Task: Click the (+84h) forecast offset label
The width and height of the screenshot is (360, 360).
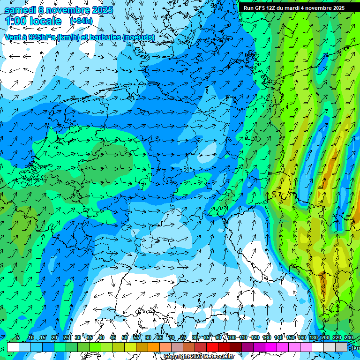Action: pos(81,21)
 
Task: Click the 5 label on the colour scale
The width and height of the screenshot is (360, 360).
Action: pos(18,337)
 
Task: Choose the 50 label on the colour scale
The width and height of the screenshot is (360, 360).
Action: pos(125,337)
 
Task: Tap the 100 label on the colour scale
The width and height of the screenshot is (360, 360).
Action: pos(232,337)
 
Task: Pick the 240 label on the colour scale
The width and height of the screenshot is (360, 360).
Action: pos(348,337)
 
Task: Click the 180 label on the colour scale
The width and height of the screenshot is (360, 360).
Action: pos(313,337)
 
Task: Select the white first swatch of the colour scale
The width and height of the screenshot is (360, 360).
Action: pos(13,347)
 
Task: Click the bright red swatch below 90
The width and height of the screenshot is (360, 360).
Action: pos(213,347)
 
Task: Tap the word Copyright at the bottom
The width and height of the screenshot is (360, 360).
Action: pos(177,357)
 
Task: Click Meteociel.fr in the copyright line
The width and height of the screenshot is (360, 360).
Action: pos(219,357)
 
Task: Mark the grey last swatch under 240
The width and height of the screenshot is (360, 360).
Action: pos(342,347)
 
